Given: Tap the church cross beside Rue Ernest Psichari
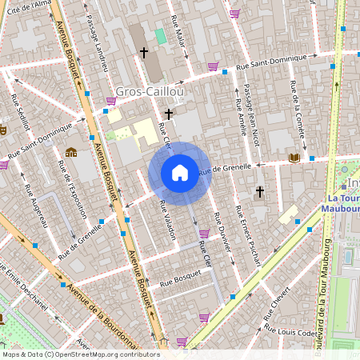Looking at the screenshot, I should [259, 192].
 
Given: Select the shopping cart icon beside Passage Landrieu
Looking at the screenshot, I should [110, 101].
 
